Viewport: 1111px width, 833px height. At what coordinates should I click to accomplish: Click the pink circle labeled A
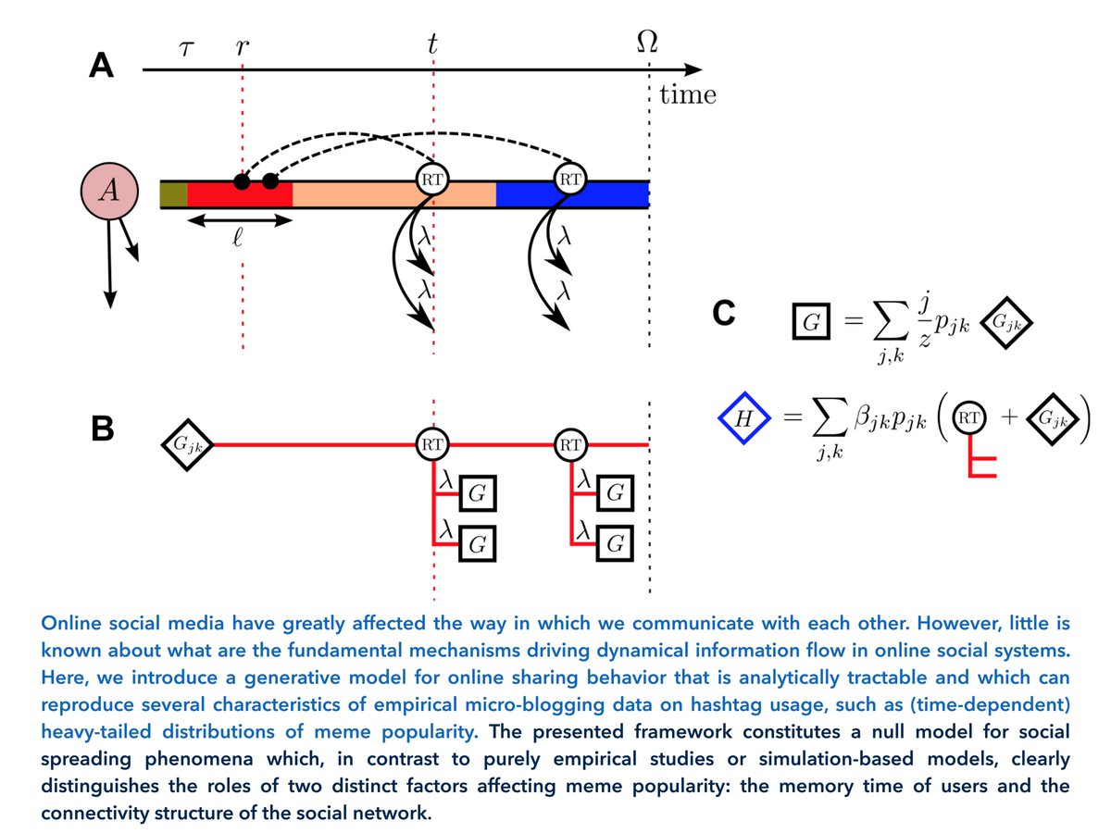tap(109, 192)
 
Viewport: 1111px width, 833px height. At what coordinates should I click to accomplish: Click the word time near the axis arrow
tap(687, 94)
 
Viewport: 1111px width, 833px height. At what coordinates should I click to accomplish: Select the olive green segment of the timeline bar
tap(174, 194)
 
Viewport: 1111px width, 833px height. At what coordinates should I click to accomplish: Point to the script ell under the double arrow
tap(238, 238)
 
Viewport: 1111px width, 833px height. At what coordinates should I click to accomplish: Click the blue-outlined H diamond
tap(744, 419)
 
